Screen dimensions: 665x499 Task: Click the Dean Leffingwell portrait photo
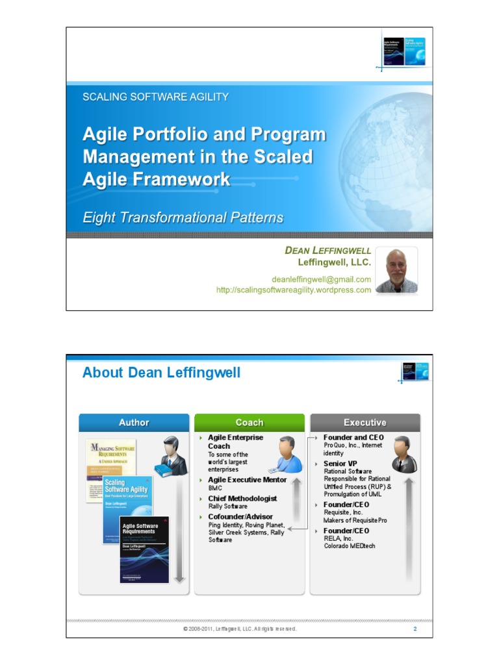click(x=396, y=270)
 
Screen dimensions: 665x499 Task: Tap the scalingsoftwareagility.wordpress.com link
click(x=294, y=290)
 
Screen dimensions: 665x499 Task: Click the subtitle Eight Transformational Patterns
click(x=183, y=218)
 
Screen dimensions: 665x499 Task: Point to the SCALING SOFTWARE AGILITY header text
click(x=155, y=97)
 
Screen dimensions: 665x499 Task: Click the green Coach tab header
click(x=249, y=423)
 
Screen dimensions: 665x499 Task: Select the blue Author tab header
click(x=134, y=423)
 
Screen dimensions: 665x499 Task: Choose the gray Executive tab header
click(x=365, y=423)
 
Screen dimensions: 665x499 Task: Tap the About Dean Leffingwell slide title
click(x=161, y=373)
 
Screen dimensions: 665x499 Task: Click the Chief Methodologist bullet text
click(x=242, y=498)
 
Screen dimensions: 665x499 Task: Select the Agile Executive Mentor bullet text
click(x=247, y=480)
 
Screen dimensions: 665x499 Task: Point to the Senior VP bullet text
click(x=340, y=464)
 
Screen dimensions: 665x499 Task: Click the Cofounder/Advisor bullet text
click(x=240, y=516)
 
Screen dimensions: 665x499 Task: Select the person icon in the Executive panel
click(x=403, y=454)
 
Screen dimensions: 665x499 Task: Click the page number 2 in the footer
click(x=415, y=629)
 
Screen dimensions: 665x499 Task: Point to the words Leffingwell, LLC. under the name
click(x=334, y=262)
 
